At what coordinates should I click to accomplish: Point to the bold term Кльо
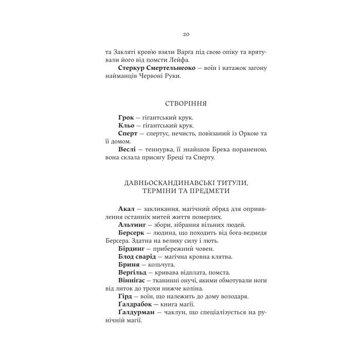pos(126,125)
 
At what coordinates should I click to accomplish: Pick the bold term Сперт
pos(128,133)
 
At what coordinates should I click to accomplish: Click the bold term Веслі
pos(127,149)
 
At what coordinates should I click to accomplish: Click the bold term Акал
pos(126,208)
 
